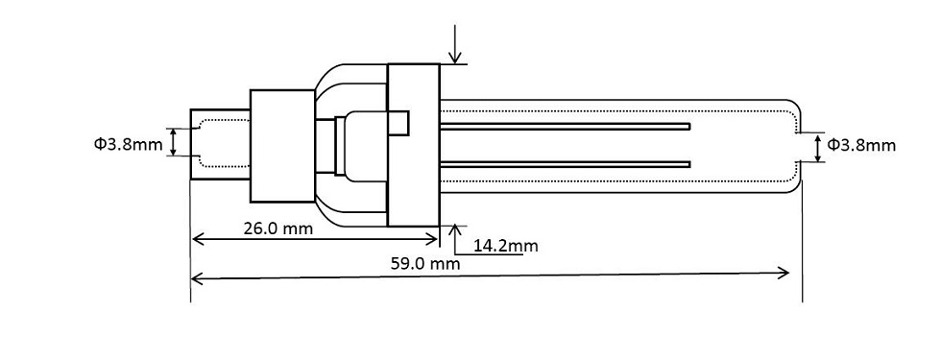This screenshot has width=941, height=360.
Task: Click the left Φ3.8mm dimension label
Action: click(129, 145)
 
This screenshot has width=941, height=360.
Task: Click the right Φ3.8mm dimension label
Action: click(861, 145)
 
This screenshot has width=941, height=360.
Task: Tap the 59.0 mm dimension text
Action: click(425, 263)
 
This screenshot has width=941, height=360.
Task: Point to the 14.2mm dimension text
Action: click(506, 246)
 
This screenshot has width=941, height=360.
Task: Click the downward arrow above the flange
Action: click(455, 44)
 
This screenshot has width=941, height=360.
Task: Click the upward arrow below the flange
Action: click(455, 239)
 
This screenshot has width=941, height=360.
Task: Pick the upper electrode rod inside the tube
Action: click(565, 126)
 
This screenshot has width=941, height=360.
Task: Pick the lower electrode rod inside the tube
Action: click(565, 164)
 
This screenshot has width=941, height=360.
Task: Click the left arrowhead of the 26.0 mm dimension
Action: click(197, 239)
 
